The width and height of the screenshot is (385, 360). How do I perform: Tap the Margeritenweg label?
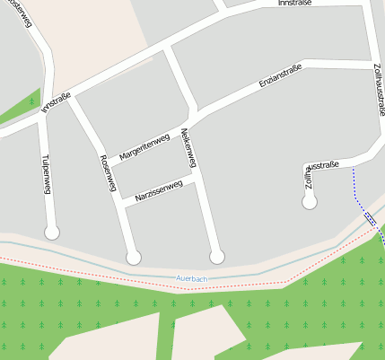pos(144,144)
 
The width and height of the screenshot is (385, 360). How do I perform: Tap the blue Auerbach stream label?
pos(192,279)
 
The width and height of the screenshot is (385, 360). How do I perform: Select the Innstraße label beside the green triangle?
pos(56,105)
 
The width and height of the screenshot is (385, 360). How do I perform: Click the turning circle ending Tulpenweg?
pos(52,233)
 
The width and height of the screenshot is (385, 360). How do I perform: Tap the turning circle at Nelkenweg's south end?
pos(216,258)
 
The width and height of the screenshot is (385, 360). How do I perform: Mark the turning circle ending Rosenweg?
pos(134,258)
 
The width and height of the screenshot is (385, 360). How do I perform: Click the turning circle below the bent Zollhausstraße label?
pos(310,202)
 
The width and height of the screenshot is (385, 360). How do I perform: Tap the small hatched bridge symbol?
pos(370,217)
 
